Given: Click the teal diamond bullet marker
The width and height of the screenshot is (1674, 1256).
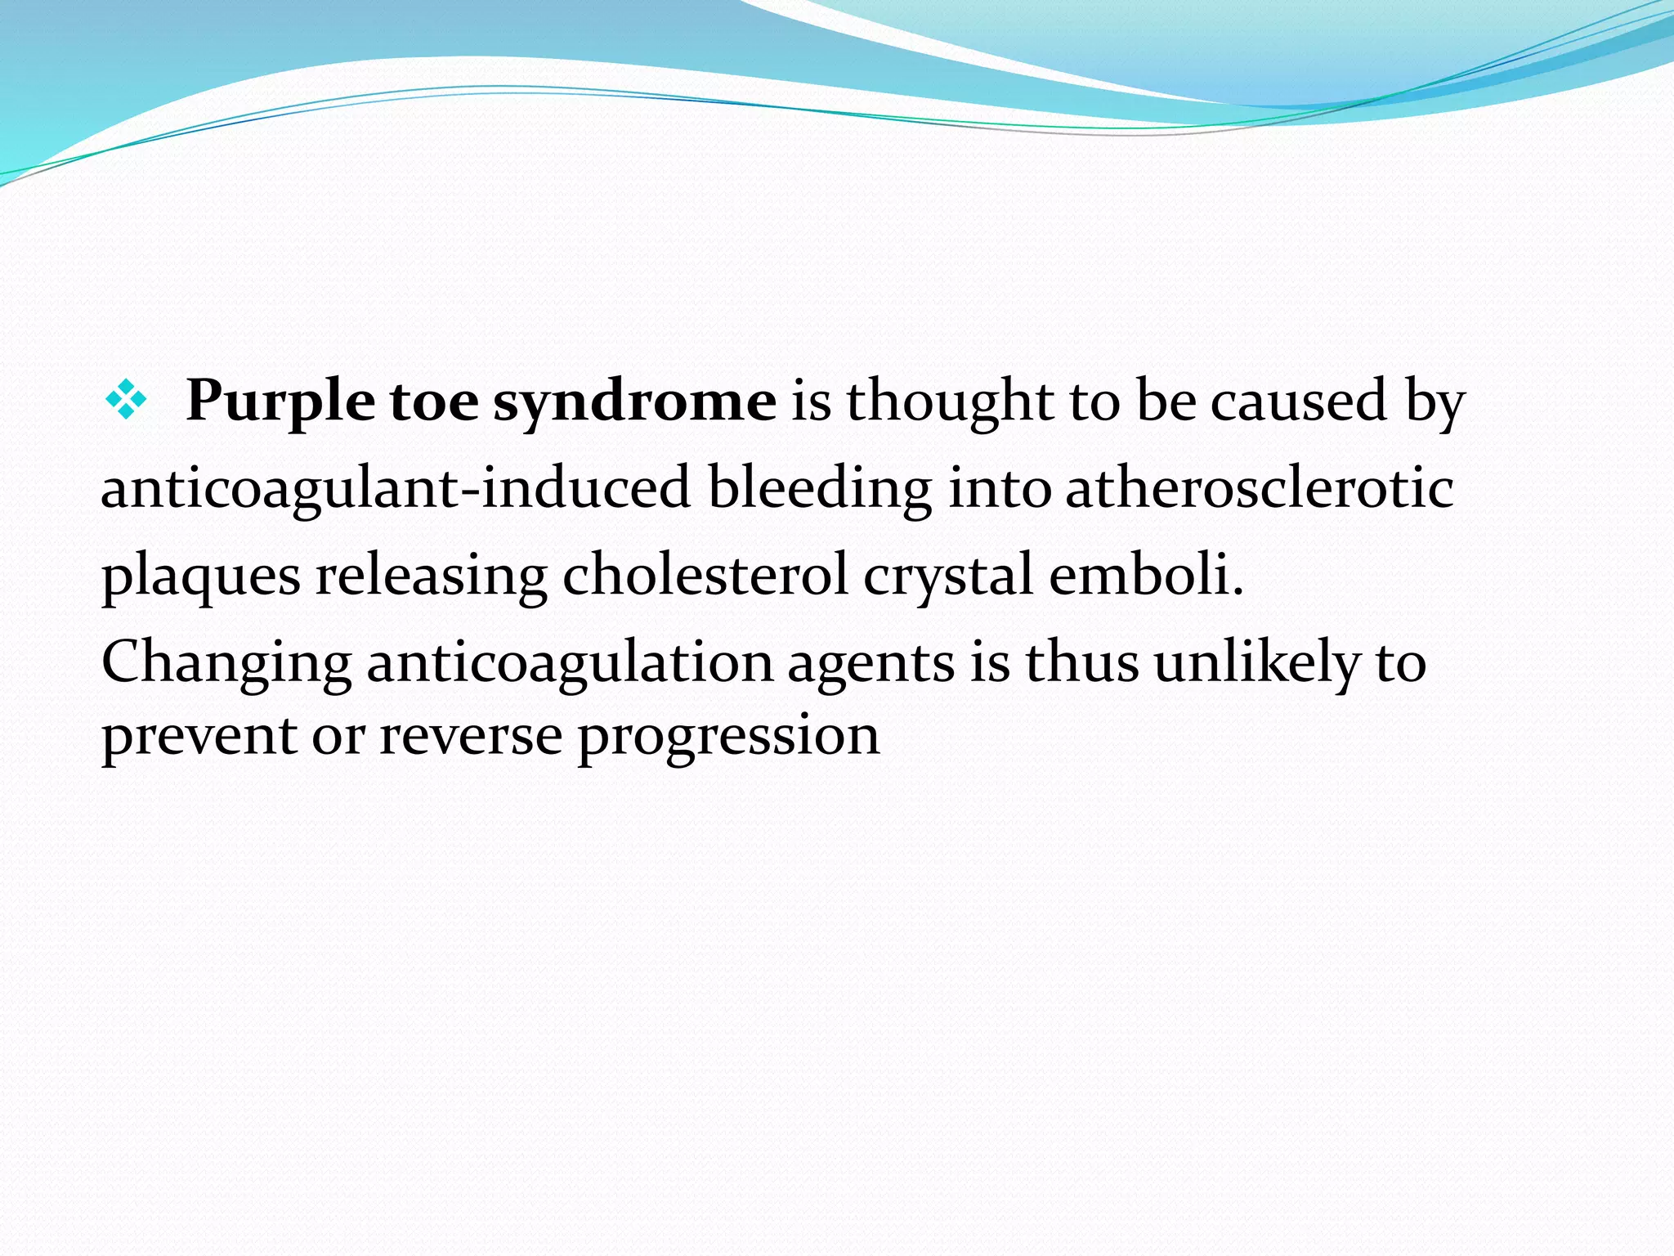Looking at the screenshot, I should (126, 401).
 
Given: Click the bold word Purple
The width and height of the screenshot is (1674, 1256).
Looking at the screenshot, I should (280, 402).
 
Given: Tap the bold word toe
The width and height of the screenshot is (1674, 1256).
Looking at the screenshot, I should (433, 402).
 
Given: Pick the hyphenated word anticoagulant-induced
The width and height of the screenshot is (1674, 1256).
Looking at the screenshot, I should (396, 489).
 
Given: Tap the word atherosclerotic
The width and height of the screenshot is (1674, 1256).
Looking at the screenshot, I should (1259, 489).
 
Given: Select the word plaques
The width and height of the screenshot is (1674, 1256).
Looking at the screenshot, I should (201, 577).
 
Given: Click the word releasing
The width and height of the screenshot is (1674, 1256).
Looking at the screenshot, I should (431, 577).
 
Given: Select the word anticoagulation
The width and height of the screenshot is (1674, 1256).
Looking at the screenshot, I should (569, 664).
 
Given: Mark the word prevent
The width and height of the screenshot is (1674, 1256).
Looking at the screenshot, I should (199, 736).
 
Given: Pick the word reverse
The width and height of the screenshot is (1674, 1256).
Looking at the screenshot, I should (470, 736).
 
